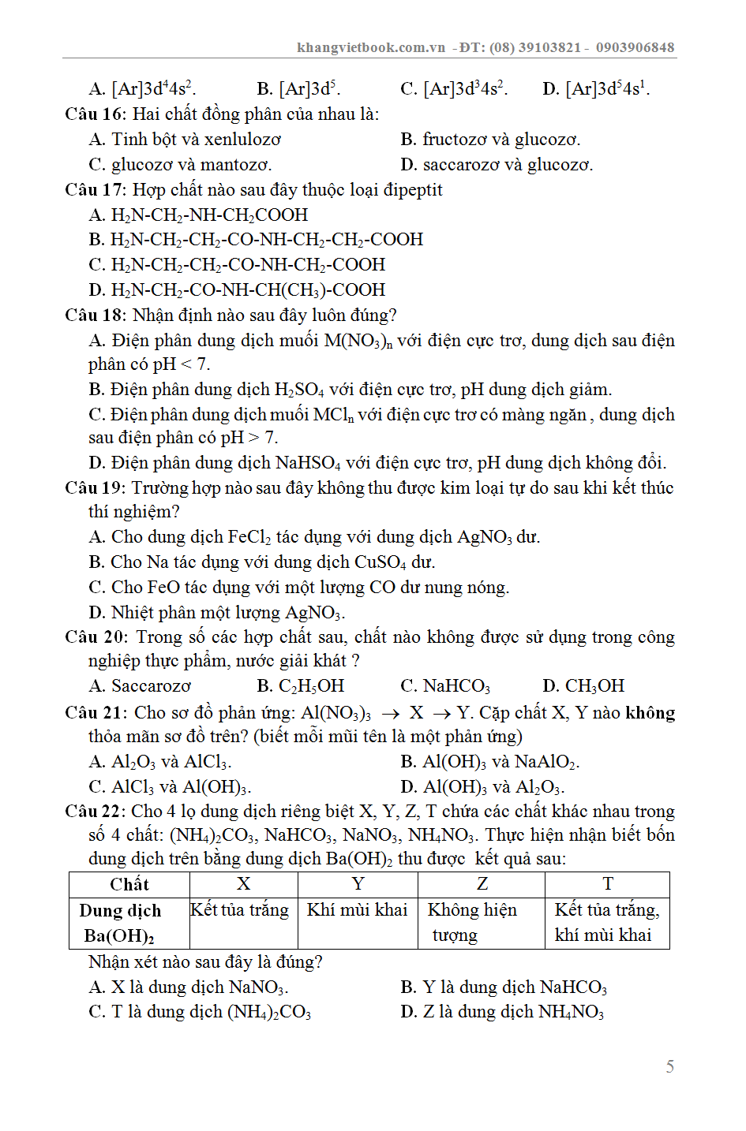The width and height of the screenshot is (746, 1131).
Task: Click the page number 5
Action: (x=669, y=1066)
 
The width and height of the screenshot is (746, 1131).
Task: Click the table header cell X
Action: (x=243, y=884)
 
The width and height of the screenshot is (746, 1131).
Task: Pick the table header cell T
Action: (x=607, y=884)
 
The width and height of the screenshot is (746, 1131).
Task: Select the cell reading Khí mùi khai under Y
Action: (x=357, y=910)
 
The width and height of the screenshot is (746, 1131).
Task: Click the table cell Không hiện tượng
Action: (x=472, y=922)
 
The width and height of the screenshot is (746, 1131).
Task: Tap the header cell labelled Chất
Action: (x=129, y=884)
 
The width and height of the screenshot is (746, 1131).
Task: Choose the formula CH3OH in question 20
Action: (x=594, y=686)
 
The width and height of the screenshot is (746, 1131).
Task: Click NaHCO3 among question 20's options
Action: (x=456, y=686)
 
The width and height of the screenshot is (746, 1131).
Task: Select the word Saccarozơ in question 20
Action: (x=151, y=686)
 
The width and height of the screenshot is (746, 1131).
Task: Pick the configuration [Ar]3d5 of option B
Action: (x=309, y=89)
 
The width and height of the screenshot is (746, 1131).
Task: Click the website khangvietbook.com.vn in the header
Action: (x=371, y=47)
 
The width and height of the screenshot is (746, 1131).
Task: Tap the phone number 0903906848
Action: (x=635, y=47)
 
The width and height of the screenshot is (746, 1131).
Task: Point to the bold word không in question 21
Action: (x=650, y=713)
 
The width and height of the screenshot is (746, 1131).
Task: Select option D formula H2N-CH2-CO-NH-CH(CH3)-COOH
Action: (x=248, y=290)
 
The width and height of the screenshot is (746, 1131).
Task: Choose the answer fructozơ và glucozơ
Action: (x=501, y=140)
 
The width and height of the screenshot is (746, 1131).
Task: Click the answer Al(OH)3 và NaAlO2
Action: (x=500, y=762)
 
